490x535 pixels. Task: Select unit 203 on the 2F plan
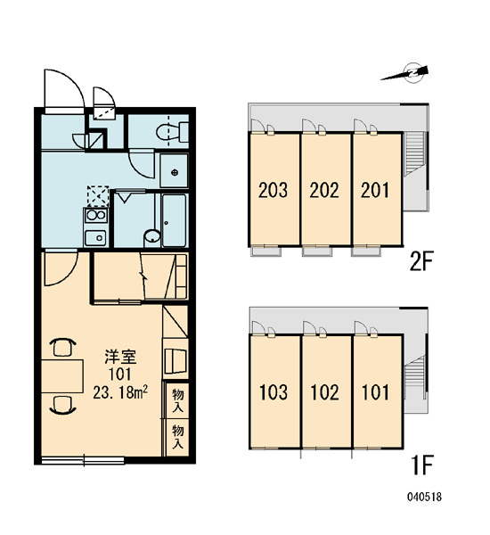coord(274,189)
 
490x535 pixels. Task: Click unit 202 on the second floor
coord(325,189)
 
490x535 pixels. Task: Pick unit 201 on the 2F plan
coord(377,189)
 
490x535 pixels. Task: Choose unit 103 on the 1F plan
coord(274,391)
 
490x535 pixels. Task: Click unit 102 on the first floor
coord(326,391)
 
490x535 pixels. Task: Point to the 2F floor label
coord(421,262)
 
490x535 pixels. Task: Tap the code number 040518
coord(424,497)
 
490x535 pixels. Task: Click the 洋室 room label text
coord(120,357)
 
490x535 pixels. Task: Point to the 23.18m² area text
coord(120,393)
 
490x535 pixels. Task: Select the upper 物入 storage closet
coord(177,400)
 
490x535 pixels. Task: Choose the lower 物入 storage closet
coord(177,437)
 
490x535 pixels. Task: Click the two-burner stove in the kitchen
coord(96,215)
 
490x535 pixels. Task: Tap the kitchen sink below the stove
coord(96,237)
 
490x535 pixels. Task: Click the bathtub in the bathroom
coord(174,220)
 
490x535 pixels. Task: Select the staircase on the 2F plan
coord(414,153)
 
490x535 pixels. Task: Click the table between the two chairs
coord(62,376)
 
